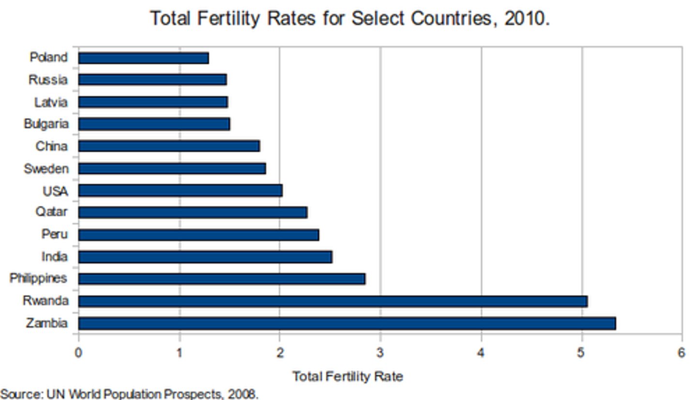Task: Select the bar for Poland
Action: click(143, 58)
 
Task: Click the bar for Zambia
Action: click(347, 323)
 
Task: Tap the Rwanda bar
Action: click(333, 301)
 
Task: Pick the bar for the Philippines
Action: click(222, 279)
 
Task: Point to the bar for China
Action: click(169, 146)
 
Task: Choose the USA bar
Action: click(180, 190)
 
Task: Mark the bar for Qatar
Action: click(193, 213)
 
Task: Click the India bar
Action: click(205, 257)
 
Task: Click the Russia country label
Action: click(48, 79)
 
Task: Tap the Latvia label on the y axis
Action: click(51, 102)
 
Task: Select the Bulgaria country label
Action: click(46, 124)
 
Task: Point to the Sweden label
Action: click(46, 169)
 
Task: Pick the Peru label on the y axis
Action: click(54, 234)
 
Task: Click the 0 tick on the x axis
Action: click(78, 353)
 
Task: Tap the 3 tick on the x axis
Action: click(380, 353)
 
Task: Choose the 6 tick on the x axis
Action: click(682, 353)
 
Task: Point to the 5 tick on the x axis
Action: click(581, 353)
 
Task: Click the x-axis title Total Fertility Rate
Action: click(348, 376)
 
